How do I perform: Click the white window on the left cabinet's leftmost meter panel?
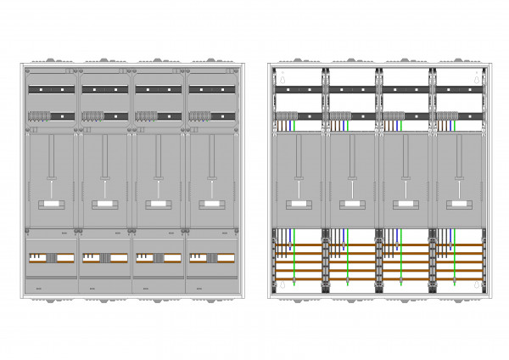click(51, 205)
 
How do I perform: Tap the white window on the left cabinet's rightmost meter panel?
click(210, 205)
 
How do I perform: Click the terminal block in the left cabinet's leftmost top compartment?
click(40, 115)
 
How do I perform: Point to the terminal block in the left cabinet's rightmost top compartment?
click(199, 115)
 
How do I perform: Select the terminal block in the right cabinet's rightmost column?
click(446, 116)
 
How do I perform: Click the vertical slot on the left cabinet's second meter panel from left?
click(104, 157)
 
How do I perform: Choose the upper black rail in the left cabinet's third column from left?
click(157, 89)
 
